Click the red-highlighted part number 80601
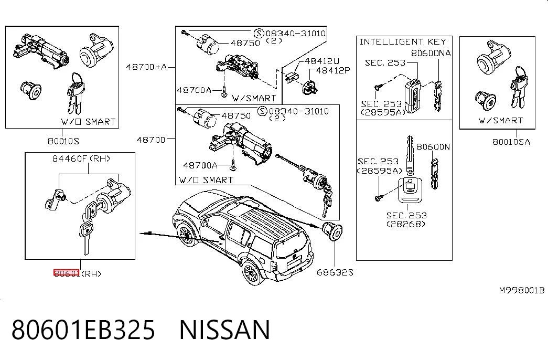click(x=67, y=273)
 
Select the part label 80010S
click(x=63, y=141)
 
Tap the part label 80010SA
click(x=511, y=142)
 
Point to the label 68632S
click(x=335, y=272)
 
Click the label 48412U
click(x=322, y=61)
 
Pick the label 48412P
click(x=332, y=70)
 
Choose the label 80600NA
click(x=431, y=53)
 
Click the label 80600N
click(x=433, y=146)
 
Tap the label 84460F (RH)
click(x=81, y=158)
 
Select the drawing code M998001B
click(x=521, y=290)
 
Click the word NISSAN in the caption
click(x=225, y=330)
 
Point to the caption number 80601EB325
click(x=83, y=330)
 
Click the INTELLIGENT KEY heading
click(x=403, y=42)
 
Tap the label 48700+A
click(x=146, y=67)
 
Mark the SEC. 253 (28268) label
click(x=406, y=220)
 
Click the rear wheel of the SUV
click(x=251, y=272)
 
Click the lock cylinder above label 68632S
click(x=331, y=231)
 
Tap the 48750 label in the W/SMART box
click(x=245, y=43)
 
